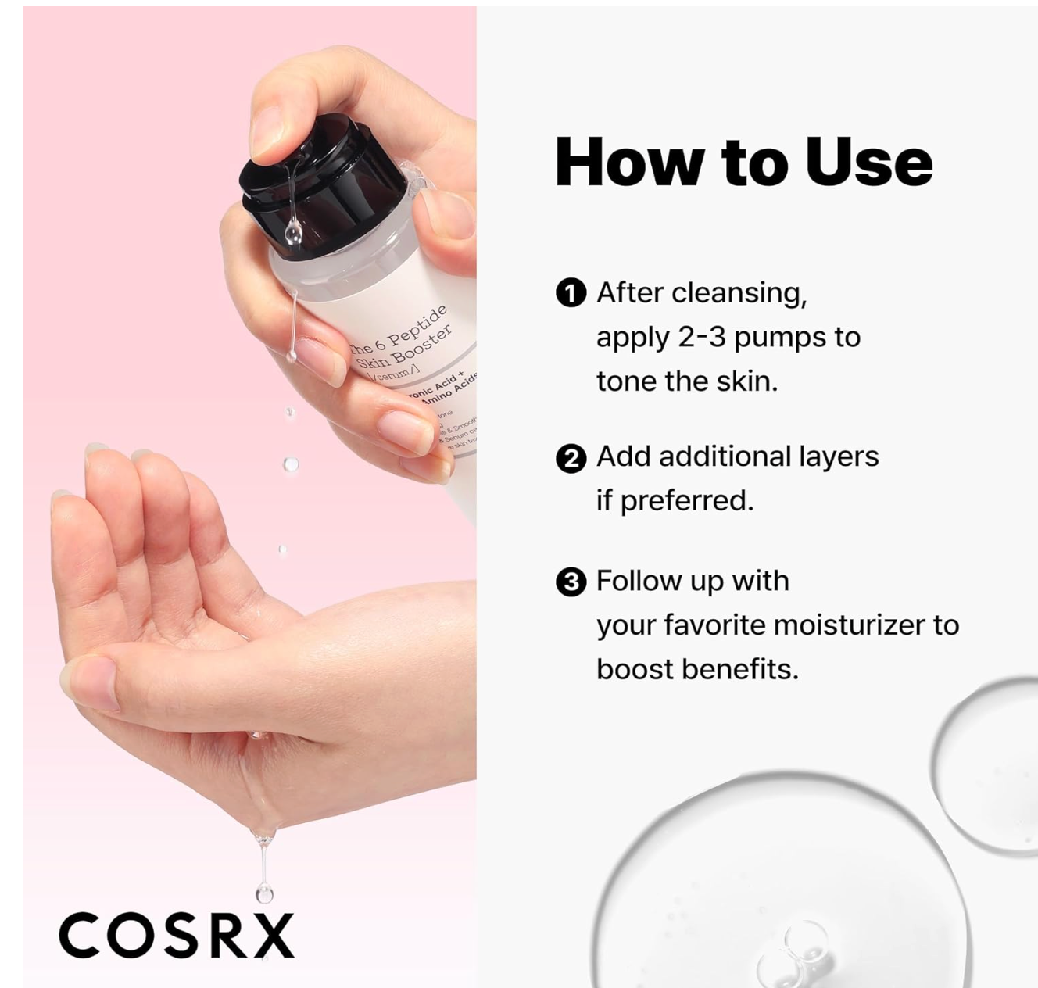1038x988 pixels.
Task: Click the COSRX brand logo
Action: pos(177,935)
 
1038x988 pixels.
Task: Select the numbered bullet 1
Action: pos(571,293)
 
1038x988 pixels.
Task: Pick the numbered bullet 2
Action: pos(571,458)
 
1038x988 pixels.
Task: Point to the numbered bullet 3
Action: pos(571,582)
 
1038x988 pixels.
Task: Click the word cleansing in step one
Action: pos(738,293)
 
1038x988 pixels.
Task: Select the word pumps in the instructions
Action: pos(782,338)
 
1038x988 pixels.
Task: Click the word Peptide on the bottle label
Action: pos(417,327)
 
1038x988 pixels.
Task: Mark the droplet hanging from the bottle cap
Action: pos(293,231)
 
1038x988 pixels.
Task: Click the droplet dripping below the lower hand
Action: pos(264,891)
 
